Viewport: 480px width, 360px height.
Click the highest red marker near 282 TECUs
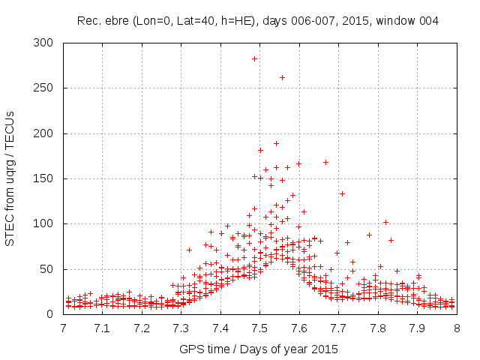254,58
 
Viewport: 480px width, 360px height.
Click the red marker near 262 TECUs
282,77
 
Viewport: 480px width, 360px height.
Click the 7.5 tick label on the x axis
259,328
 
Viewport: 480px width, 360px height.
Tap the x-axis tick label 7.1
102,328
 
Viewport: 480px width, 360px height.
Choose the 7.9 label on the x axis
417,328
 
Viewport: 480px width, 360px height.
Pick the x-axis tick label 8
456,328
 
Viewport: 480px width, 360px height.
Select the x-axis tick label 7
63,328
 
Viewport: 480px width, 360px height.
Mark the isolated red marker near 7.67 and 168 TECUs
325,162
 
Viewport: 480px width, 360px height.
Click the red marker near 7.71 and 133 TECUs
342,193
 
